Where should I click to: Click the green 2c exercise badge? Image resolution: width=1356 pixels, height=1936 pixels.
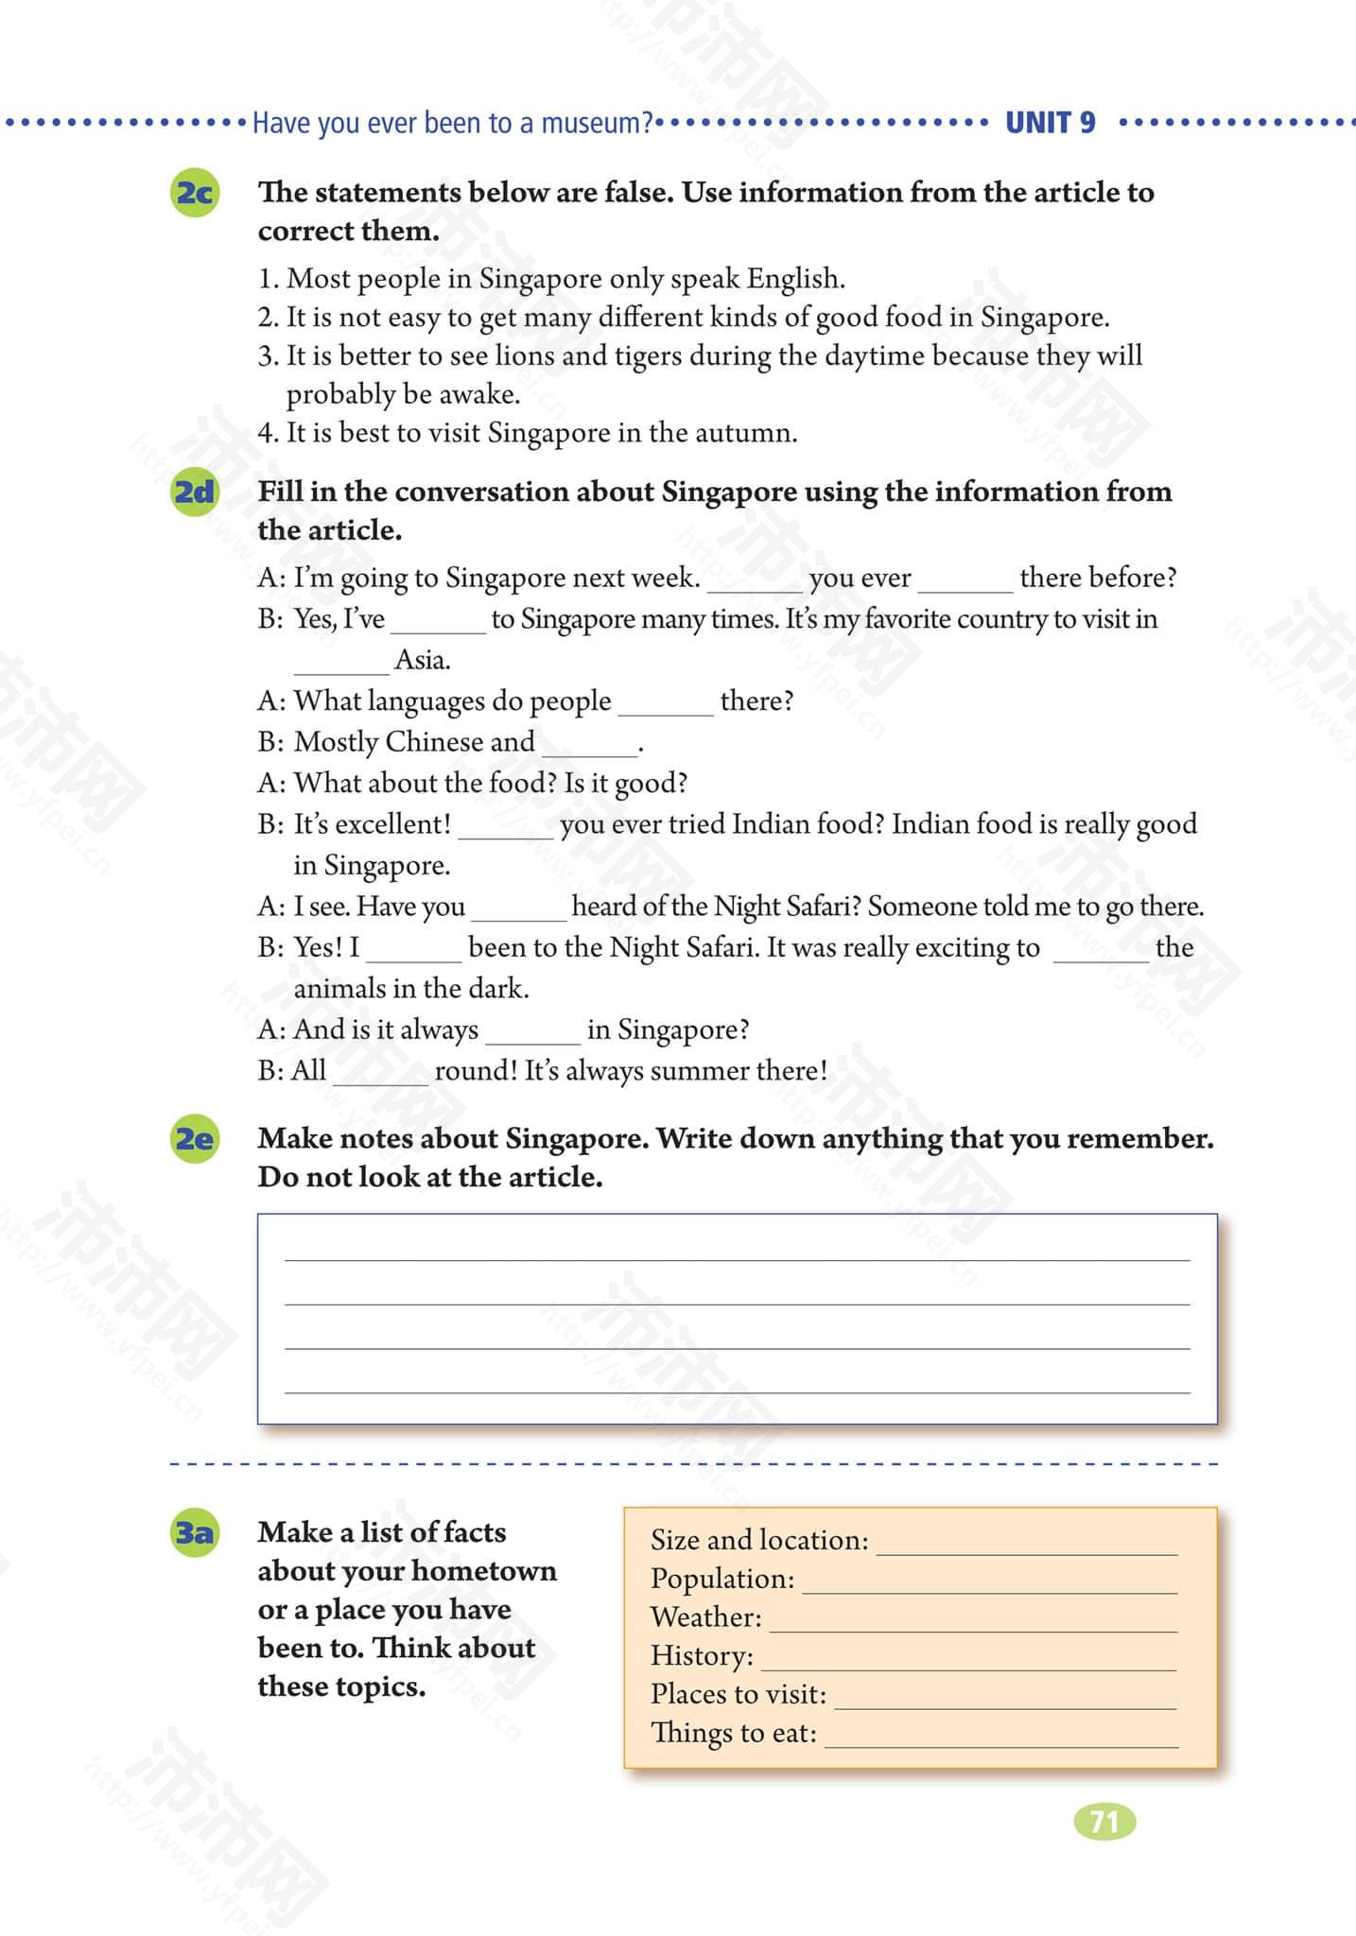195,193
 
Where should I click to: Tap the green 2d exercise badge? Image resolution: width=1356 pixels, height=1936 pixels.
195,493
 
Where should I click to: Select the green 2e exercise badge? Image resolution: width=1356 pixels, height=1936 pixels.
195,1138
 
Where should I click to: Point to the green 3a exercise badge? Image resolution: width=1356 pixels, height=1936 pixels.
195,1531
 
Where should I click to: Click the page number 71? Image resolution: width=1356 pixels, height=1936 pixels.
1104,1821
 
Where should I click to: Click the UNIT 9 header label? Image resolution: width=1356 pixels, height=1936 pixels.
1050,123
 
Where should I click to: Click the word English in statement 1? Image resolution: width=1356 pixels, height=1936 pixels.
794,279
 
